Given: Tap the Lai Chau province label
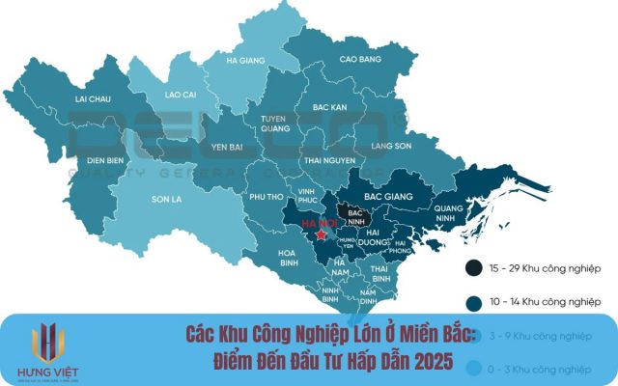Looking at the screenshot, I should (94, 98).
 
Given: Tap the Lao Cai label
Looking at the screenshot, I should (181, 96).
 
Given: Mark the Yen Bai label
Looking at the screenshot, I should (228, 148).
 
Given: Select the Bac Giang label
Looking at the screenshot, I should (388, 196).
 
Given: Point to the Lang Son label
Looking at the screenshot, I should (390, 146).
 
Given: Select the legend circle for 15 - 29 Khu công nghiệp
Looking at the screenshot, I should (474, 266).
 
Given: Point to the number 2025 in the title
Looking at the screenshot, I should (445, 360).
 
